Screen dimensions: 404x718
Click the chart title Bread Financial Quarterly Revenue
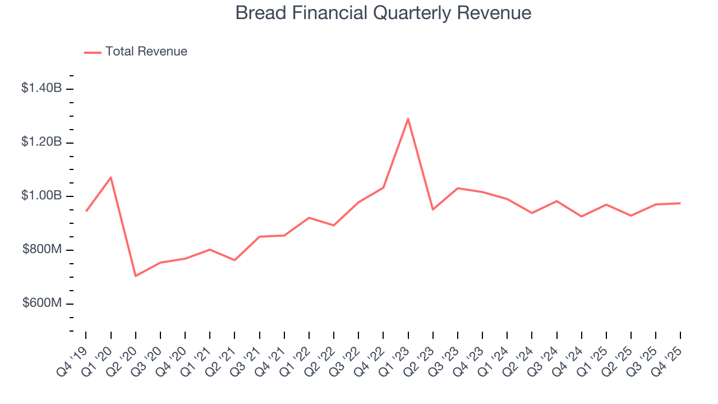tap(383, 12)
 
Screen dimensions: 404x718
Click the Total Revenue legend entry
tap(136, 52)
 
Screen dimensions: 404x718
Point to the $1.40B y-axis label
tap(41, 88)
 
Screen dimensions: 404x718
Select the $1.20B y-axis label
tap(41, 142)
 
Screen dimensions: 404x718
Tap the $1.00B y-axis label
tap(41, 196)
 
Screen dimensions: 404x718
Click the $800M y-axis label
tap(42, 250)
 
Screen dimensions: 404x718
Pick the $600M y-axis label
tap(42, 304)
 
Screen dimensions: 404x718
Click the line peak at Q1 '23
tap(408, 118)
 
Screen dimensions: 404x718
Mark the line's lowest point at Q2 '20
tap(136, 276)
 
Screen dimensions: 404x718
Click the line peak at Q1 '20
tap(111, 177)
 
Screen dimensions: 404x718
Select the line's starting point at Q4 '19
tap(86, 211)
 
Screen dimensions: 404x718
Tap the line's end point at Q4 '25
tap(680, 203)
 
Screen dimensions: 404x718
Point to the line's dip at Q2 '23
tap(432, 209)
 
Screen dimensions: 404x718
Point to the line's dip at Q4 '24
tap(581, 217)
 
